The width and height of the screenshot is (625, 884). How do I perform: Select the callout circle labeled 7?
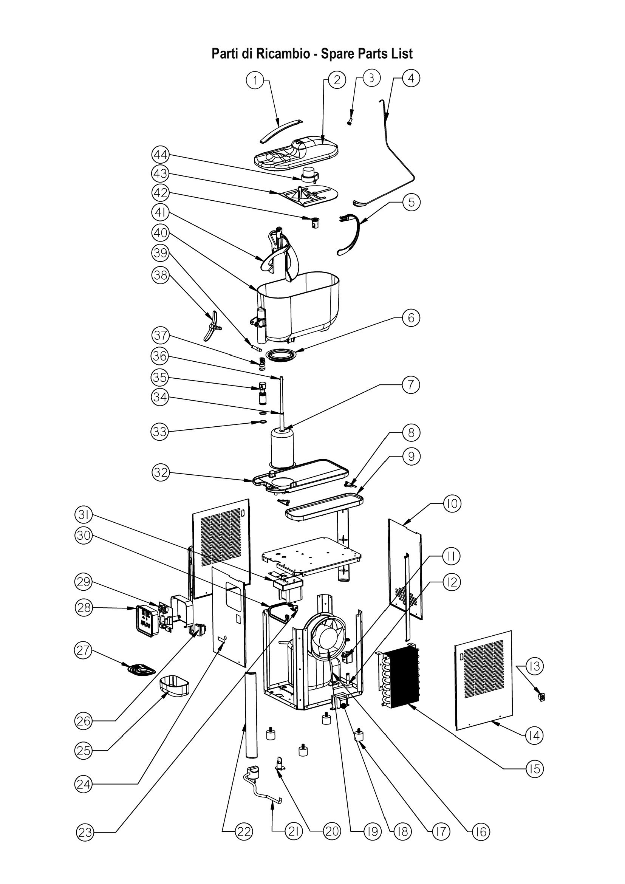(411, 385)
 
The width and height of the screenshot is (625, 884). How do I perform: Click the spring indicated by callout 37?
(262, 363)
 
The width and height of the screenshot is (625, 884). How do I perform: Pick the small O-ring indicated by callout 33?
(263, 422)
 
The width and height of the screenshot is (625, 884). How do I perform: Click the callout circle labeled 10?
(452, 503)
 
